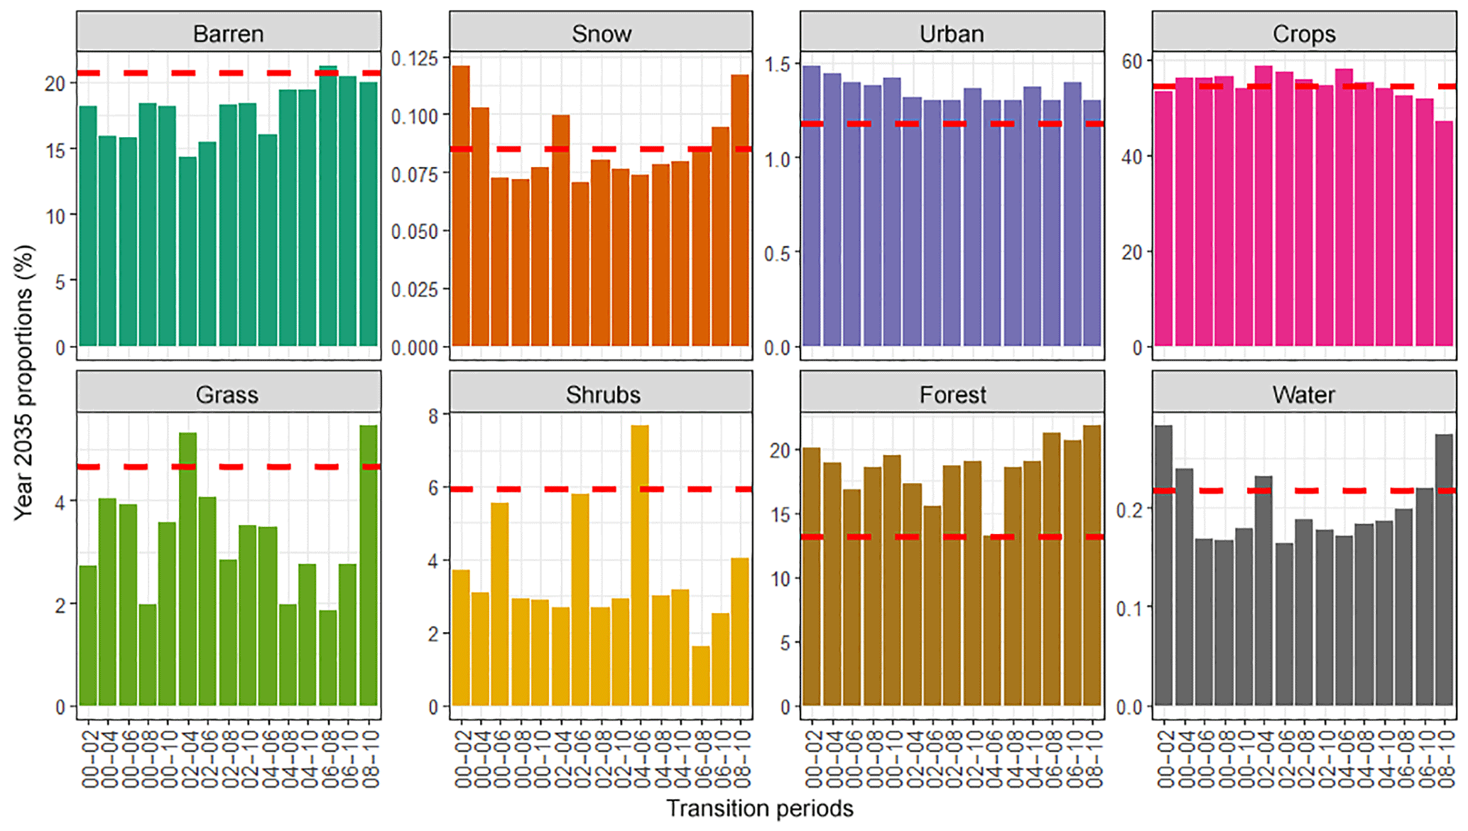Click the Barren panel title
tap(228, 33)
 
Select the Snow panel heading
tap(601, 33)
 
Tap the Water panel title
tap(1303, 394)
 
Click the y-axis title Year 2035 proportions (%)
tap(23, 384)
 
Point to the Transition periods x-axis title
tap(759, 808)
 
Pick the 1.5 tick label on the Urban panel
tap(777, 64)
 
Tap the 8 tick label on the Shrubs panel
tap(433, 416)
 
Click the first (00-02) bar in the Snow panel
tap(461, 206)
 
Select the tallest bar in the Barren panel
tap(328, 206)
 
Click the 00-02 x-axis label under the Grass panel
tap(88, 759)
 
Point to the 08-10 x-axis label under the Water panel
tap(1445, 759)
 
